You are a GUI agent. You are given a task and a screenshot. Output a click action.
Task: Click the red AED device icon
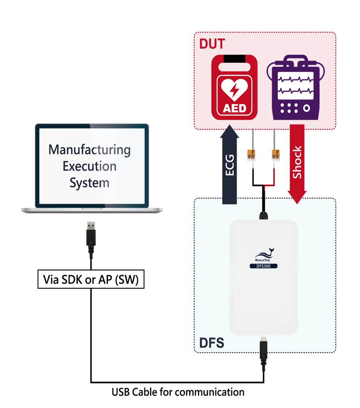tap(234, 87)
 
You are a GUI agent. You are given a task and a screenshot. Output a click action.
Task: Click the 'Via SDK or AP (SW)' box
tap(91, 280)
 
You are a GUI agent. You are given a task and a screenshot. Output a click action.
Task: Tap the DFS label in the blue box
tap(211, 343)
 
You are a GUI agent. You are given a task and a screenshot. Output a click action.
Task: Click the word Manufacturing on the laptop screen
tap(89, 150)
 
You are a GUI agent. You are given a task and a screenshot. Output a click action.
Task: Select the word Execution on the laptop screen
tap(89, 166)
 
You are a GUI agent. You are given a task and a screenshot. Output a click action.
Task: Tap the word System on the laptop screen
tap(89, 183)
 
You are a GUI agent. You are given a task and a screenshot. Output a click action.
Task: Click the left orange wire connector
tap(251, 155)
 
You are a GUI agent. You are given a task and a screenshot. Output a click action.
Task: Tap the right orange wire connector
tap(276, 155)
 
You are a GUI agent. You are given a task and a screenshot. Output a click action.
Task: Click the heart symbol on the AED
tap(234, 89)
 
